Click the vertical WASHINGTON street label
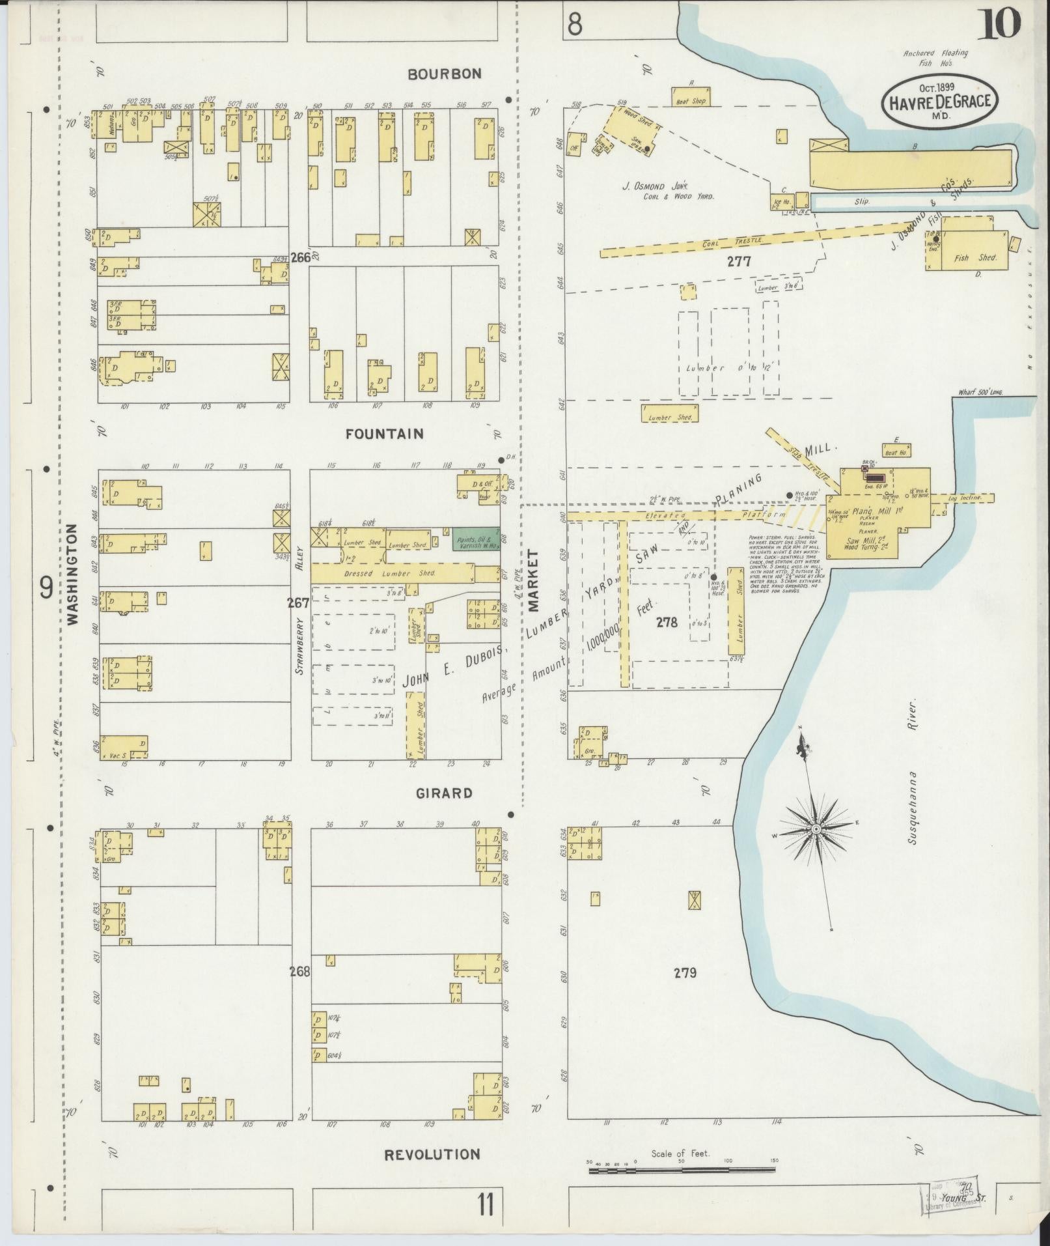[x=72, y=575]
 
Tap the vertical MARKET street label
[x=534, y=580]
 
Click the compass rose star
[x=816, y=828]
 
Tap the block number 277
[x=739, y=262]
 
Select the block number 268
[x=301, y=972]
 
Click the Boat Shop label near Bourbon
[x=691, y=101]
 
